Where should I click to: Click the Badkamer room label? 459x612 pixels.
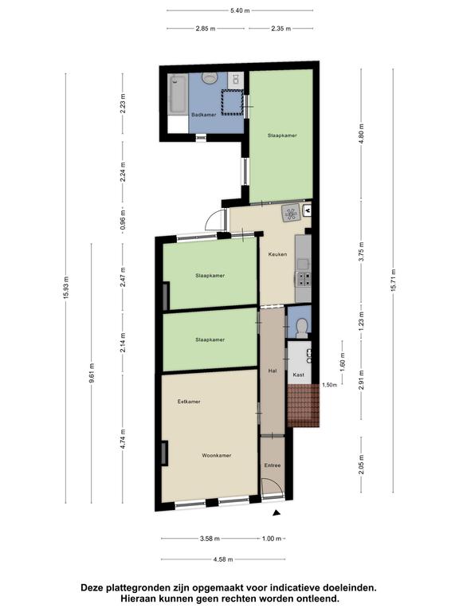point(203,115)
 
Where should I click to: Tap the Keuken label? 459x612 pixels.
point(277,254)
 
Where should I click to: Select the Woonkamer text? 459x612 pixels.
point(217,456)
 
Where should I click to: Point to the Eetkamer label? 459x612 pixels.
point(189,402)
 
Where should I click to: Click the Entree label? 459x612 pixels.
point(273,465)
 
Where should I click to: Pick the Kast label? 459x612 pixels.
point(299,375)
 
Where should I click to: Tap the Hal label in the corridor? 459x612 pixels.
point(273,371)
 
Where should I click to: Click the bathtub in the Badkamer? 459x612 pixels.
point(178,95)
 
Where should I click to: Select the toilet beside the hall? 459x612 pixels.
point(301,328)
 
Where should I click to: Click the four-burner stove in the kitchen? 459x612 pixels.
point(303,280)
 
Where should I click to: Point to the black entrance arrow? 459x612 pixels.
point(277,513)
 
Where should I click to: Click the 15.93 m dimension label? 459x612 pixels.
point(65,288)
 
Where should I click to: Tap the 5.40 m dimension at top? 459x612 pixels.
point(240,10)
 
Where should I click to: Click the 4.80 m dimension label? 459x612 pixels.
point(361,134)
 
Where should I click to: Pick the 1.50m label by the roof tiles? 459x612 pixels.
point(329,385)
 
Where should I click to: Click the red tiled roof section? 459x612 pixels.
point(304,405)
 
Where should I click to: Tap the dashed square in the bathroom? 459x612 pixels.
point(232,102)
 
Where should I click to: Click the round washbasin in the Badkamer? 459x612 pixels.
point(210,77)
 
